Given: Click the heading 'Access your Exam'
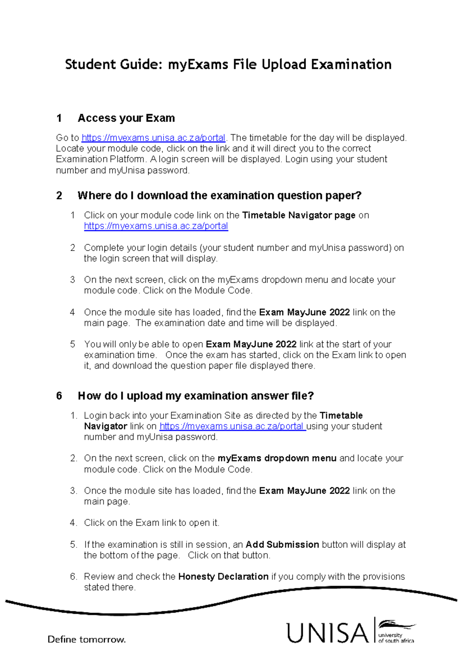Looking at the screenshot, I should coord(126,118).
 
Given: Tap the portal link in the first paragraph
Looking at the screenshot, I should coord(153,138).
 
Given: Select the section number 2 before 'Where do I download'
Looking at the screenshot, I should coord(59,195).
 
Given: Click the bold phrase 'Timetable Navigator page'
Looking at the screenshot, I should coord(299,215).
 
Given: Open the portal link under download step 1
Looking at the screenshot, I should coord(156,226).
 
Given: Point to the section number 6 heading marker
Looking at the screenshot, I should coord(59,396).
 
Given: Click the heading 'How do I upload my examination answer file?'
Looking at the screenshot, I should coord(196,396).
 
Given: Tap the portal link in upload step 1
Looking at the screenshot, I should coord(232,426).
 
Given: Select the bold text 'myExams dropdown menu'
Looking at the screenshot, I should coord(277,458).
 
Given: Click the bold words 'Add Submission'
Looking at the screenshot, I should coord(282,545).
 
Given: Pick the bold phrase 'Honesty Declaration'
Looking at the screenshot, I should coord(223,577).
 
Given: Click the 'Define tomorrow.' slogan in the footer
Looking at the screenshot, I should coord(87,639).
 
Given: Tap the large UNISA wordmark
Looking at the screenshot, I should coord(328,633).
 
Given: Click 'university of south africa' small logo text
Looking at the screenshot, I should coord(395,638).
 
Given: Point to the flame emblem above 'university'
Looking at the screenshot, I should coord(395,624).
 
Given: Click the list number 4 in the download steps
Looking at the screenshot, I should coord(72,312).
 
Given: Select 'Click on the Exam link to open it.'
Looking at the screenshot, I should coord(152,523).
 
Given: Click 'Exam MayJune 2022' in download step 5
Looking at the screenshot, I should coord(251,344).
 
